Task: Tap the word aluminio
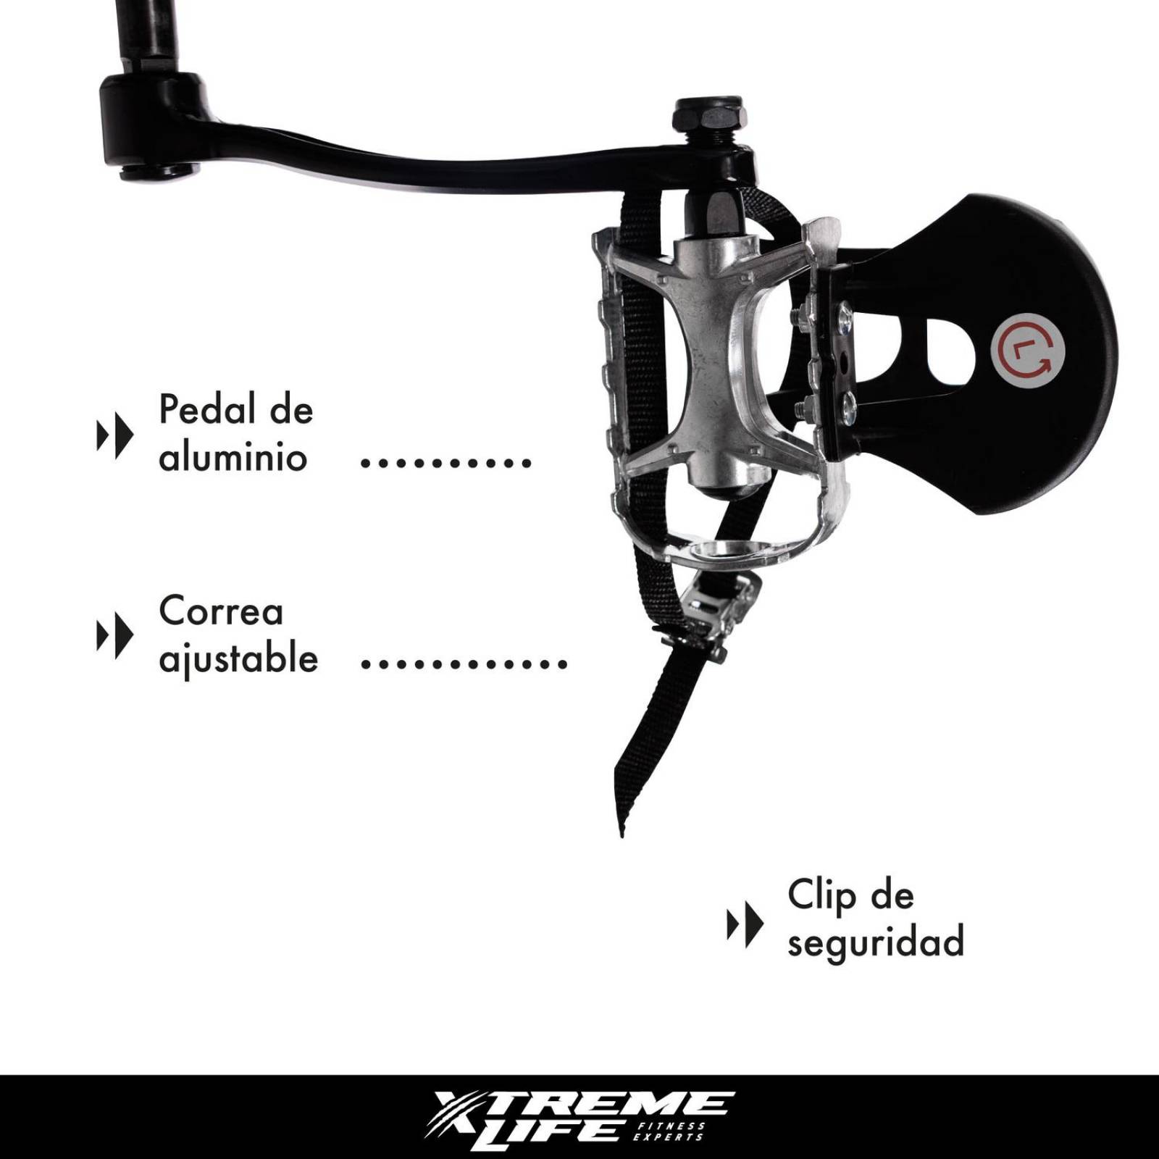coord(233,458)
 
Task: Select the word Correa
coord(220,612)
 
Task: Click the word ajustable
coord(238,660)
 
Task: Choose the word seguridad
coord(876,942)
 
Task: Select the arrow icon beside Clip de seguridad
coord(745,924)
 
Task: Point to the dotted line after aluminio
coord(445,462)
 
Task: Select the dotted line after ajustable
coord(464,663)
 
